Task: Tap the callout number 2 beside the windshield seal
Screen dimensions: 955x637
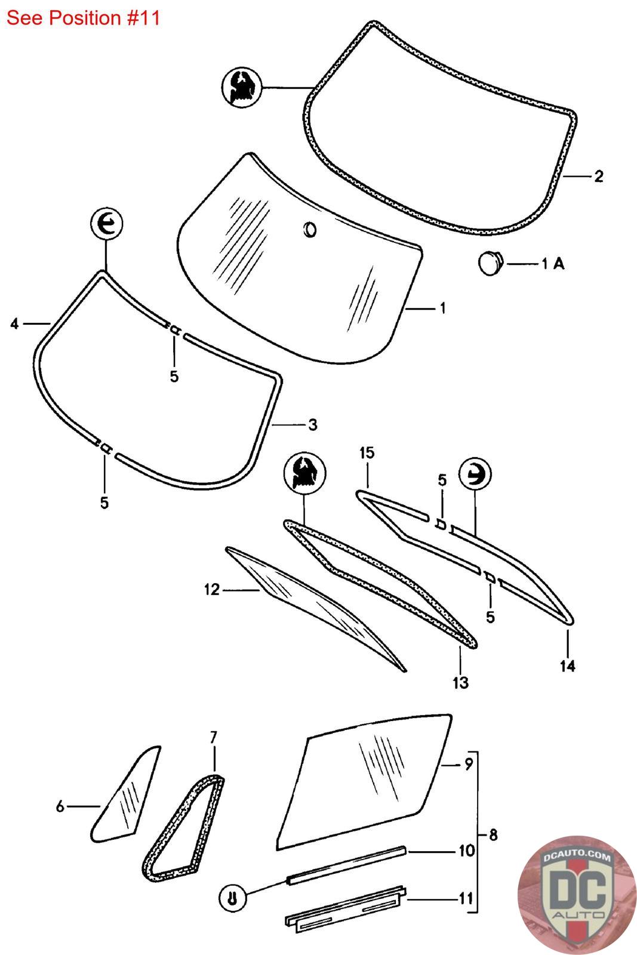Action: point(598,176)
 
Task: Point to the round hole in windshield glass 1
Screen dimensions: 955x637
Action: point(310,229)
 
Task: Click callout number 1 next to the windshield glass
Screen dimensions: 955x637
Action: point(442,308)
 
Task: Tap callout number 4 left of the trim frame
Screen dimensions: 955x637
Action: point(15,324)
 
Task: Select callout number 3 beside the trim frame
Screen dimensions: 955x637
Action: point(312,425)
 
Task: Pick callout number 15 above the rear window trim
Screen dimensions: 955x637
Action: point(367,453)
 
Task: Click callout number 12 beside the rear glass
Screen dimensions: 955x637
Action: point(212,590)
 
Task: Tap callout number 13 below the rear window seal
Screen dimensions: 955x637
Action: point(460,682)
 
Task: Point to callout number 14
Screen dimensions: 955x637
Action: point(567,666)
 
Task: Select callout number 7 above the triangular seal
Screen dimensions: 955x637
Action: point(214,737)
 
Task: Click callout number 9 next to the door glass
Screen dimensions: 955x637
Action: point(468,763)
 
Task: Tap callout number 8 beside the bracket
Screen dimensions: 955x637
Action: point(493,835)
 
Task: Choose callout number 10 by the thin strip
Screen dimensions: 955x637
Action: point(466,850)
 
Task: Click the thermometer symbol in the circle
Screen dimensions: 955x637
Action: point(233,897)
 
